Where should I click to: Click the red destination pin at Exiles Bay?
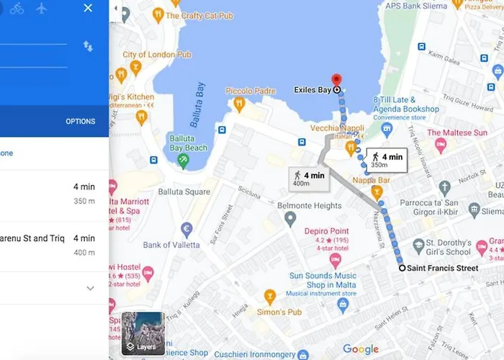tap(335, 80)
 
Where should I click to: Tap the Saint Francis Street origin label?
tap(442, 269)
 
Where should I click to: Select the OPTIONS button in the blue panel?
tap(80, 122)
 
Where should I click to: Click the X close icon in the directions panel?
tap(88, 8)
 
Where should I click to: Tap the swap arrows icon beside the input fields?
tap(88, 46)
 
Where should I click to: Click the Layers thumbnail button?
tap(143, 333)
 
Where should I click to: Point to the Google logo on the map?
tap(361, 349)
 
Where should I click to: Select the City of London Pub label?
tap(157, 55)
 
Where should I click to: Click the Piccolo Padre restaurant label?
tap(251, 91)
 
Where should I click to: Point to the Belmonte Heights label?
tap(309, 206)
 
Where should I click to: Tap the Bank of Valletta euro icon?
tap(186, 230)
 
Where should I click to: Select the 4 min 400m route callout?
tap(309, 179)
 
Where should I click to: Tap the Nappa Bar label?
tap(374, 180)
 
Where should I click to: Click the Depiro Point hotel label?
tap(326, 231)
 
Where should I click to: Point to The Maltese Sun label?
tap(456, 133)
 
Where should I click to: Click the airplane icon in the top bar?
tap(41, 8)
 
